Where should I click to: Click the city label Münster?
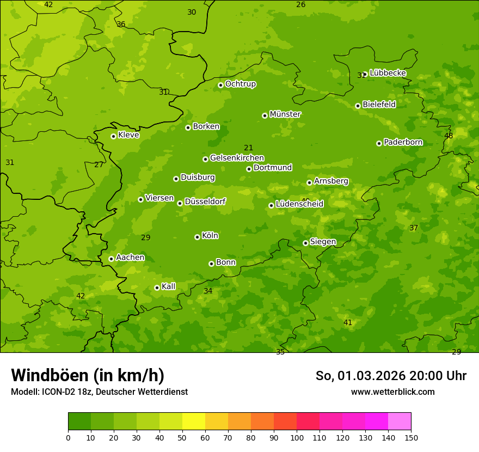[x=285, y=114]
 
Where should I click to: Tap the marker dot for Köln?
[x=197, y=237]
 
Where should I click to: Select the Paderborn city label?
[x=403, y=142]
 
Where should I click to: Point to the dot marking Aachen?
[x=111, y=259]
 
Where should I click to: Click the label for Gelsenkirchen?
[x=237, y=158]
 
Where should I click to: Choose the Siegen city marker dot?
[x=305, y=243]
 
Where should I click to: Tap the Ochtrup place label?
[x=240, y=84]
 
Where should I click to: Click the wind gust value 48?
[x=449, y=136]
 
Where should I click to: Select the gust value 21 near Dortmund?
[x=248, y=148]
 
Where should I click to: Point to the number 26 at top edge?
[x=300, y=5]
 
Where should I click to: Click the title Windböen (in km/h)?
[x=88, y=375]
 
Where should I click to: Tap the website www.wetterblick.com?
[x=392, y=392]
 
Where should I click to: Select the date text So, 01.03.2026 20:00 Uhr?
[x=391, y=376]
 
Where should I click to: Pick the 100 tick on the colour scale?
[x=297, y=437]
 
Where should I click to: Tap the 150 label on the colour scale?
[x=411, y=437]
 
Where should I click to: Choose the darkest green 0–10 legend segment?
[x=79, y=422]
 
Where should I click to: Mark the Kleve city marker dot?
[x=113, y=136]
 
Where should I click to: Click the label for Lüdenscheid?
[x=299, y=204]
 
